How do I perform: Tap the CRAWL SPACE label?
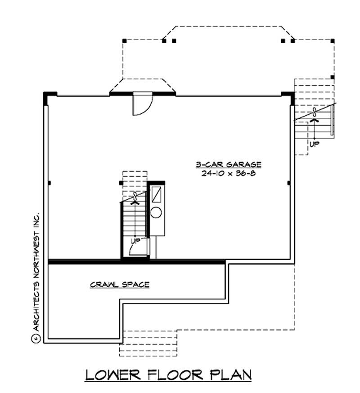click(120, 285)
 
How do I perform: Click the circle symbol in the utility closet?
click(157, 212)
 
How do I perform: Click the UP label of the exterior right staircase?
click(315, 144)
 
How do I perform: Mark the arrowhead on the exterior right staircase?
click(315, 120)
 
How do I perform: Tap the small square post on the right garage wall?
click(288, 183)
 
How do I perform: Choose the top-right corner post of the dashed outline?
click(333, 41)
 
